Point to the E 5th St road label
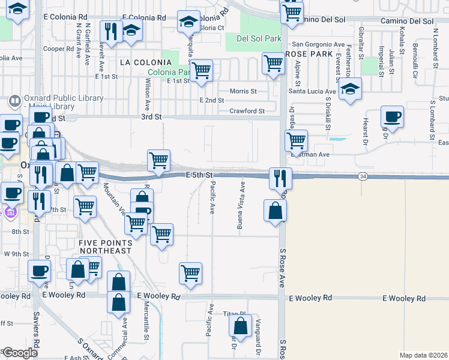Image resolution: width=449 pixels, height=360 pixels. [200, 175]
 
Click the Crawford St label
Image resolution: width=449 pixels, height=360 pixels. [247, 111]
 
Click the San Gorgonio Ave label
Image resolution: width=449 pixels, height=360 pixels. [318, 44]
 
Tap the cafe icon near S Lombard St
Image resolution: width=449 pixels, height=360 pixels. [393, 116]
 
